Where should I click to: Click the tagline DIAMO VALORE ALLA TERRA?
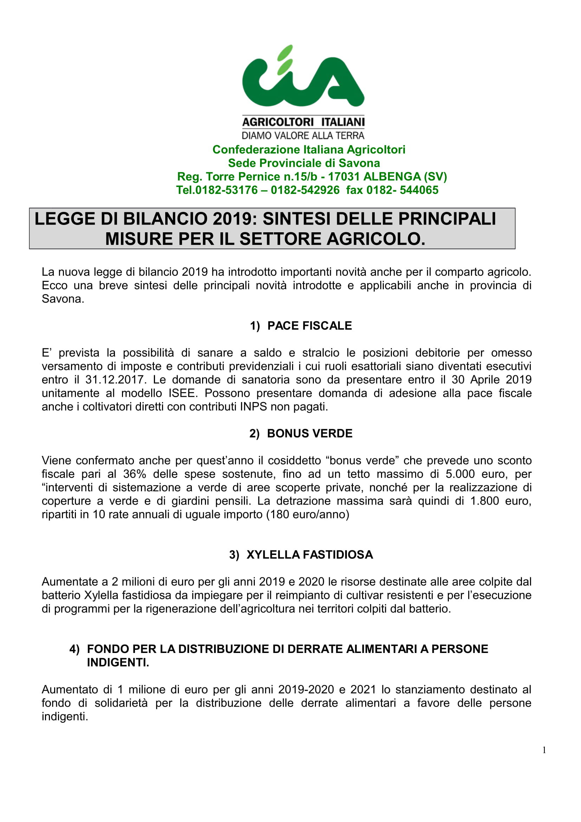tap(303, 135)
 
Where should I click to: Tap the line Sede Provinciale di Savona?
tap(304, 163)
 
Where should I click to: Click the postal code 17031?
tap(344, 176)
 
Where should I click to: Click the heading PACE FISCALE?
tap(309, 325)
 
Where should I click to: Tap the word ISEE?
tap(183, 393)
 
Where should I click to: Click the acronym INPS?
tap(253, 406)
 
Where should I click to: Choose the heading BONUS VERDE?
tap(309, 433)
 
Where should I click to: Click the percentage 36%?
tap(135, 474)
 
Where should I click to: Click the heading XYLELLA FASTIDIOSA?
tap(309, 555)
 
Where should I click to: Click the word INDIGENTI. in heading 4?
tap(118, 662)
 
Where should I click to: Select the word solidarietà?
tap(121, 703)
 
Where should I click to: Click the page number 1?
tap(544, 750)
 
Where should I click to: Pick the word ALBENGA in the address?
tap(392, 176)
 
